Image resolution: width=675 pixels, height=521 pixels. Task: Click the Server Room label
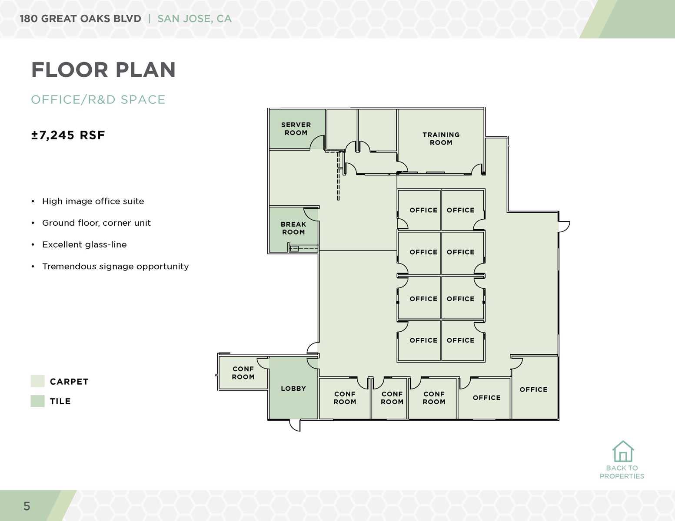point(296,129)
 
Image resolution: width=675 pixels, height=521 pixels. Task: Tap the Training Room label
point(441,138)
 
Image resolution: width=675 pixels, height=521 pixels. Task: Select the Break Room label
point(293,228)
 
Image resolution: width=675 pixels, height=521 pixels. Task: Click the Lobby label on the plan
point(293,389)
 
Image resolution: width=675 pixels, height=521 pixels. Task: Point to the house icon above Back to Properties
point(623,452)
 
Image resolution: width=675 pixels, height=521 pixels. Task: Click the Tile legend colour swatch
point(37,401)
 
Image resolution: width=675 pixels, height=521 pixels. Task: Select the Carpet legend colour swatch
point(37,381)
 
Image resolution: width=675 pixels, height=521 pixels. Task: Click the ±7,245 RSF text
point(68,135)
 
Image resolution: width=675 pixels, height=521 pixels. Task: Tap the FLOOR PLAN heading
point(103,70)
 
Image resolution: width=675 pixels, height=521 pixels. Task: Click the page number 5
point(27,506)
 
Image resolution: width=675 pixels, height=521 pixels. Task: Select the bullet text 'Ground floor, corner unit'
point(96,223)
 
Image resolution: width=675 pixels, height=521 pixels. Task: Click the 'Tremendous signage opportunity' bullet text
point(115,266)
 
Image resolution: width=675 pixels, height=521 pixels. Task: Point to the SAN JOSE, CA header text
point(194,19)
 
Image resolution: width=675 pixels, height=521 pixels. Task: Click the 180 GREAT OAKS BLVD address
point(80,19)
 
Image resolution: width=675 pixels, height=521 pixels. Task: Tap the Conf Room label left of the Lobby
point(243,373)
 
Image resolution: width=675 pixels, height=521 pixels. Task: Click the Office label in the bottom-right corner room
point(533,389)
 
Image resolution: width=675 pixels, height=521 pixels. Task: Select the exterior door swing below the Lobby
point(295,425)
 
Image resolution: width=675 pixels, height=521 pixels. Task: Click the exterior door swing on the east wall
point(564,226)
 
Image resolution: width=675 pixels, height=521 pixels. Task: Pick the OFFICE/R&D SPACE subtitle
point(98,99)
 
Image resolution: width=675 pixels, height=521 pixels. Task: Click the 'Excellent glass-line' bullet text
point(84,244)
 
